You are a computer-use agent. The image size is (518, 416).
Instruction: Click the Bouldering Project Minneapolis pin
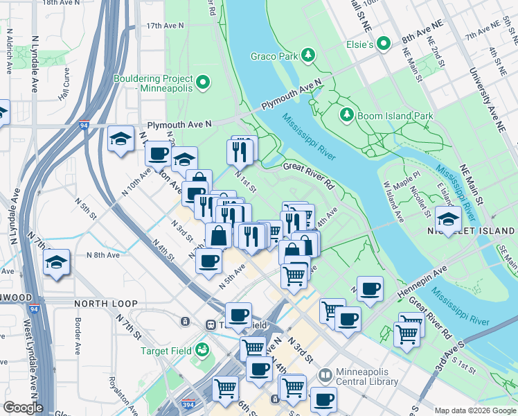203,83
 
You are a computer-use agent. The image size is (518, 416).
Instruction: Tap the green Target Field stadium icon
202,350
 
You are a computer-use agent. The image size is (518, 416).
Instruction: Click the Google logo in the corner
23,408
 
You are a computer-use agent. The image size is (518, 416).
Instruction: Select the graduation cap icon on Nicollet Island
449,220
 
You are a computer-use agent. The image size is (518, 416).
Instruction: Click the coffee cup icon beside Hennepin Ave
370,288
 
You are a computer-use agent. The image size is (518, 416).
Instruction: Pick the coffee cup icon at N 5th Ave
208,261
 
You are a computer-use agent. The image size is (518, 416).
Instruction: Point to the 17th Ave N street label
165,26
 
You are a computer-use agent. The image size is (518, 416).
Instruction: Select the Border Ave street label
78,333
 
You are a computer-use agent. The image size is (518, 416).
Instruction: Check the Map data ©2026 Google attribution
474,410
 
